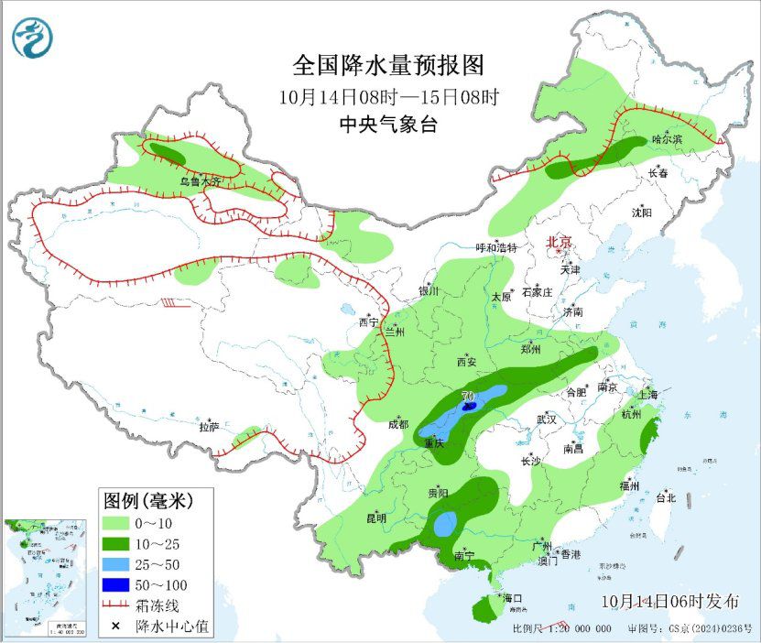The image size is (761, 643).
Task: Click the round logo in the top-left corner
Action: pos(33,38)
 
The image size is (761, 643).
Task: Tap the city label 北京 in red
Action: pos(559,243)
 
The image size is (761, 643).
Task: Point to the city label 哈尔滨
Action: pos(668,139)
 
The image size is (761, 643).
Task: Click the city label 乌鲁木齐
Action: pos(200,182)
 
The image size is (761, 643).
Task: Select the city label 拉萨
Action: pos(209,427)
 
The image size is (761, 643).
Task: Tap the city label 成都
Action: pos(397,424)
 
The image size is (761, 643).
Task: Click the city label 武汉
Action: pos(547,419)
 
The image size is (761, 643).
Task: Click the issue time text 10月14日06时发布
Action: pos(670,602)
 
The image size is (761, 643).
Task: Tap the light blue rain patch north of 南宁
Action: pos(445,525)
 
